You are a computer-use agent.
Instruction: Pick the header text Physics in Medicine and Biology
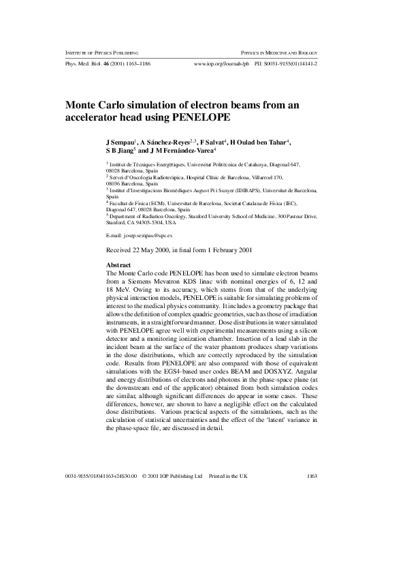[280, 52]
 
